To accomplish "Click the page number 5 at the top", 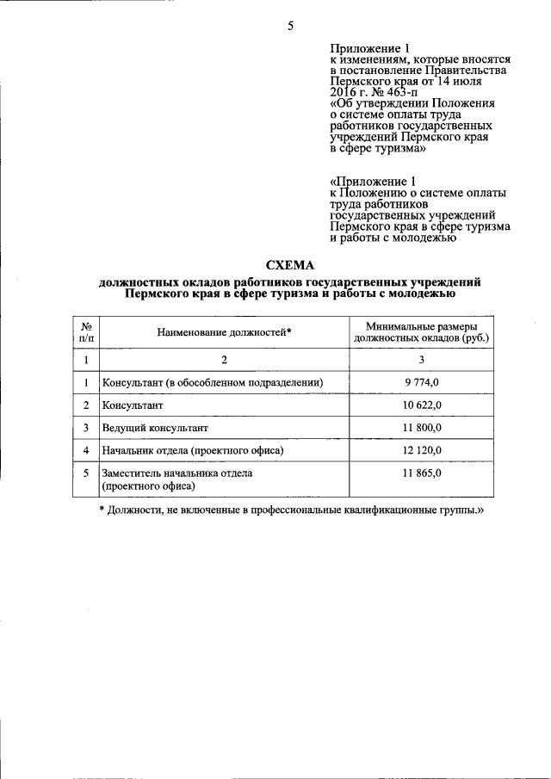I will [290, 26].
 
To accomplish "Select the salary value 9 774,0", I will [422, 381].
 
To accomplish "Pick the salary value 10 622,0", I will [422, 404].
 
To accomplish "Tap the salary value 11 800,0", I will [422, 427].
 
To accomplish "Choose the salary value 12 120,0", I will [422, 450].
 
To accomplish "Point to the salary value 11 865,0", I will [422, 473].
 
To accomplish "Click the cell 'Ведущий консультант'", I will [155, 427].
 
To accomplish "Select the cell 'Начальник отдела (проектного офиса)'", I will [192, 450].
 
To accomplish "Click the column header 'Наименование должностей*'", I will [225, 332].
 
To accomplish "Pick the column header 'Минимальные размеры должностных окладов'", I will [422, 332].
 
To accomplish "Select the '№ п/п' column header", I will [86, 332].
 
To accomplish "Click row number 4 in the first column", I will [86, 450].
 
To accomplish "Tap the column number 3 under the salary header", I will [422, 359].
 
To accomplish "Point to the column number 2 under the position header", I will [225, 359].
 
